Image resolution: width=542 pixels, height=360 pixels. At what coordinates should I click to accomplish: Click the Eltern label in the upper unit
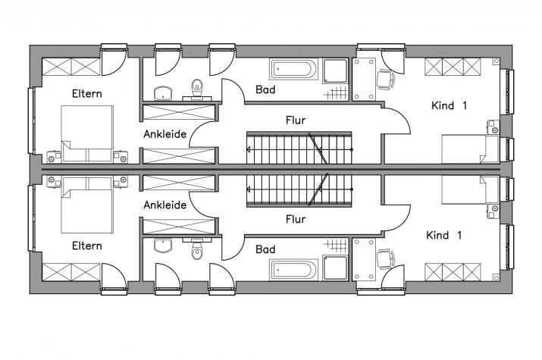[86, 94]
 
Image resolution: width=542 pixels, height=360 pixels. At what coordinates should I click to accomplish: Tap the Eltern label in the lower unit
[86, 246]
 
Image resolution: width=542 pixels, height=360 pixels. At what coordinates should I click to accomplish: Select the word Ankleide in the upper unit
[165, 134]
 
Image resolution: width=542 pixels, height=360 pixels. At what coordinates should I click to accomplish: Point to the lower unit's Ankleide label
[165, 205]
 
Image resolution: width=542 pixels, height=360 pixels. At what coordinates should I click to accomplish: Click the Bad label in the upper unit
[265, 89]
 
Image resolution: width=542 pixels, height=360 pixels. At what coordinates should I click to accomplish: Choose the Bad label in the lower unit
[265, 249]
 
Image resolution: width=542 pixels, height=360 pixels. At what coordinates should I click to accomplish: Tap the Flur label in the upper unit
[296, 121]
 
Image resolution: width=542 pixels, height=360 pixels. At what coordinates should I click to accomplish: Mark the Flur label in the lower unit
[296, 219]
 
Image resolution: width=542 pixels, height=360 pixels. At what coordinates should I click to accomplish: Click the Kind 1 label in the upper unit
[449, 105]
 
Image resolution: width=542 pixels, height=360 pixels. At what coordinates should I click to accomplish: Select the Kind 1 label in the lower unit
[443, 235]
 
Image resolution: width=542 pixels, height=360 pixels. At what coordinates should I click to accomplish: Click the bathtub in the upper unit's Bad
[294, 70]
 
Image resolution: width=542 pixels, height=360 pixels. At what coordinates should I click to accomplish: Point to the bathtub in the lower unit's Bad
[294, 270]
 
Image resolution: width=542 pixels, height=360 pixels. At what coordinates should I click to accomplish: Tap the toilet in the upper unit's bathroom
[197, 90]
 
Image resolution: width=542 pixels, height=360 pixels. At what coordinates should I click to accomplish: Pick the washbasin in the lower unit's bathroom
[163, 246]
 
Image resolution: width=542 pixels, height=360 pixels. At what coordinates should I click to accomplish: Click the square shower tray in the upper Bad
[335, 70]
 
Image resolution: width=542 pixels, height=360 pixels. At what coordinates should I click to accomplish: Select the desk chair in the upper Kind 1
[385, 80]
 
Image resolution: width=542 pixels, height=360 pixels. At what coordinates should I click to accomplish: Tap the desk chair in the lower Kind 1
[385, 259]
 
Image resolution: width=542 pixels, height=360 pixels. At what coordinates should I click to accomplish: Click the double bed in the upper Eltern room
[87, 133]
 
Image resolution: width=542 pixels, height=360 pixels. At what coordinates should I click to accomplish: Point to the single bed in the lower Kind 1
[471, 190]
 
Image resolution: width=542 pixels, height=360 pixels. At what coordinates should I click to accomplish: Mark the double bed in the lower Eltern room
[87, 205]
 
